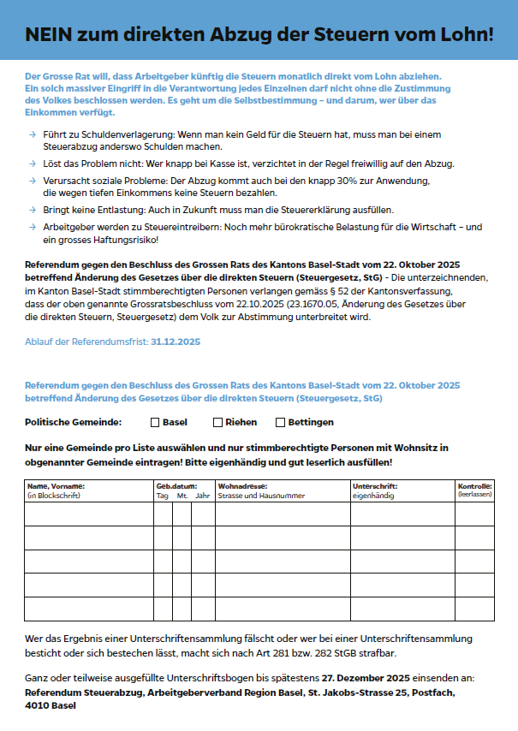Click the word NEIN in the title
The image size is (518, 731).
pos(49,34)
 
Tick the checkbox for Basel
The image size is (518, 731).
pos(155,422)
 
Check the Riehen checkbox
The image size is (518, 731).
pos(217,422)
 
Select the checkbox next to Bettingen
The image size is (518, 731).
pos(280,422)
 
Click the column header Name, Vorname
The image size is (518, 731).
pos(56,486)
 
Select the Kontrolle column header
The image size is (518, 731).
pos(474,486)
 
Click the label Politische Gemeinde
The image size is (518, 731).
pos(73,422)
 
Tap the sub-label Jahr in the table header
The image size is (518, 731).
pos(203,495)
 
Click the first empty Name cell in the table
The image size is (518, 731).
pos(88,514)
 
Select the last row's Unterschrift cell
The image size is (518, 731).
pos(401,609)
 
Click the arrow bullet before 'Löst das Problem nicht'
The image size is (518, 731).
pos(32,163)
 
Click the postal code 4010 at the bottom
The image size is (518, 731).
pos(38,706)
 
